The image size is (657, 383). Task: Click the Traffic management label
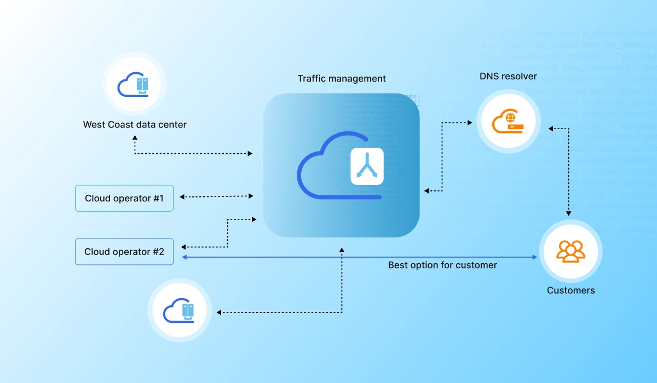click(x=342, y=79)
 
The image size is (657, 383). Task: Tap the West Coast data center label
click(x=135, y=125)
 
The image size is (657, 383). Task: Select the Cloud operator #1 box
click(x=124, y=199)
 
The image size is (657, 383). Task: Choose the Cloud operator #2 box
click(x=124, y=252)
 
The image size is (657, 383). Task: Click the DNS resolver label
click(x=508, y=77)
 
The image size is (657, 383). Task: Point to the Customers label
click(x=570, y=291)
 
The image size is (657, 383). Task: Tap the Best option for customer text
click(x=442, y=265)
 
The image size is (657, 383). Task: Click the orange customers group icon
click(x=570, y=251)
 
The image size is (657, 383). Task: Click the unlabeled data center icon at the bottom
click(x=180, y=311)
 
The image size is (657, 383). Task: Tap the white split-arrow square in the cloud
click(x=367, y=166)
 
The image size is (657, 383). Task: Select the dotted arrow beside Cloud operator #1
click(x=217, y=196)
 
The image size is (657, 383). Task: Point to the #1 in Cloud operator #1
click(x=158, y=199)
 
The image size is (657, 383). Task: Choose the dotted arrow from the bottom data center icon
click(x=279, y=312)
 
